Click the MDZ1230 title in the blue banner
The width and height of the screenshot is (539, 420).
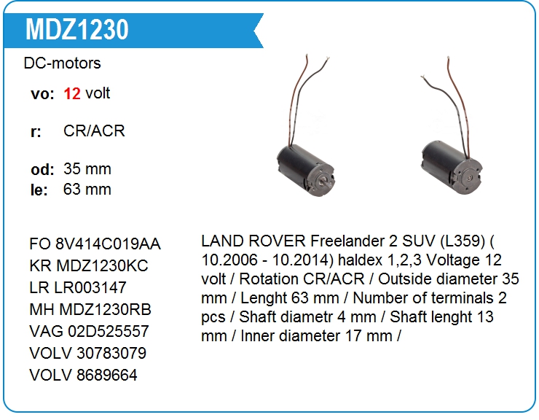(77, 29)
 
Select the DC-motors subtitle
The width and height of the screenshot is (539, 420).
(62, 63)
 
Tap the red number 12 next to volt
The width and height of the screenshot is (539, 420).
(72, 93)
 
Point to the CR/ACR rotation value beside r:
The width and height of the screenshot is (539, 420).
(94, 131)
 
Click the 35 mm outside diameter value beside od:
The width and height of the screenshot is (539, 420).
(87, 168)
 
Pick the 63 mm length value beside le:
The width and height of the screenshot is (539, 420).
(87, 190)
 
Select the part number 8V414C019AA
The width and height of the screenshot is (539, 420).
(108, 244)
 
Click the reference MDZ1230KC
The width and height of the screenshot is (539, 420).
(102, 265)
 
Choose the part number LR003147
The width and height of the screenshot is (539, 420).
(90, 287)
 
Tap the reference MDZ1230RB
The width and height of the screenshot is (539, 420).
(105, 309)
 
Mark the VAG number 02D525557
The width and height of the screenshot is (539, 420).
(109, 331)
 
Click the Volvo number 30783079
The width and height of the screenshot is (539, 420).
(111, 353)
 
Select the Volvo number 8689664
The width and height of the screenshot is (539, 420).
(107, 375)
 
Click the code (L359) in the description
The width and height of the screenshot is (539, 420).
(463, 241)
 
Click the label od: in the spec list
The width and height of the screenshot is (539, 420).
(43, 169)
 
